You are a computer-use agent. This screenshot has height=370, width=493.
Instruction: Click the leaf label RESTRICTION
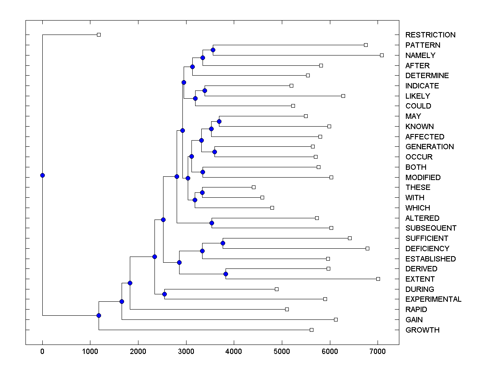point(430,35)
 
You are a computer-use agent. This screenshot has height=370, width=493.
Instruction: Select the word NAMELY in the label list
point(420,55)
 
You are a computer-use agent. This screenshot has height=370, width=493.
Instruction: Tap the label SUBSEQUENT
point(431,228)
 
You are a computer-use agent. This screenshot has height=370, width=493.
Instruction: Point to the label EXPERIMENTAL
point(433,299)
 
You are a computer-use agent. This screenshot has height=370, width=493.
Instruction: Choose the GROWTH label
point(422,330)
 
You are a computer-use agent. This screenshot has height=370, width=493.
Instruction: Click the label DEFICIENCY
point(427,249)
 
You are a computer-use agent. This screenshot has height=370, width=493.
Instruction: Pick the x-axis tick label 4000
point(234,351)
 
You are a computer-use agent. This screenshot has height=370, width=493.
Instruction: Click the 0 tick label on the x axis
point(42,351)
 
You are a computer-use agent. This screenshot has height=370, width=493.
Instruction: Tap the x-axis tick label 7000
point(378,351)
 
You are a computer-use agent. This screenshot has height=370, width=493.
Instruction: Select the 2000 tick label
point(138,351)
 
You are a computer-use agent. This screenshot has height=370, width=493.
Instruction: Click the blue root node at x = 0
point(42,175)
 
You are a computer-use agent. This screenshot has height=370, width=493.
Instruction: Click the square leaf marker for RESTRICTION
point(99,35)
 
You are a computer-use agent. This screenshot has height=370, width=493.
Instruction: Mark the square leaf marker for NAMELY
point(382,55)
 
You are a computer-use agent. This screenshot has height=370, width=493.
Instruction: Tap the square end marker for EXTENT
point(378,279)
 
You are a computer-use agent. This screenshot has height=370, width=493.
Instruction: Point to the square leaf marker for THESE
point(253,187)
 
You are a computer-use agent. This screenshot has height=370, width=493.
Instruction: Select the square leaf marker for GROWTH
point(311,330)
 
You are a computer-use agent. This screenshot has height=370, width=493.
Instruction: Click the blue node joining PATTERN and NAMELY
point(213,50)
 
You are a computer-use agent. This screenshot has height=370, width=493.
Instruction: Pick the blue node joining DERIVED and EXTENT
point(226,274)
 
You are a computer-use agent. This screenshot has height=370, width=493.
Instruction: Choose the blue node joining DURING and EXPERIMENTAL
point(164,294)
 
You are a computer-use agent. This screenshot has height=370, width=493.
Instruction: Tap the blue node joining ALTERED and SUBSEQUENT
point(212,223)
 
